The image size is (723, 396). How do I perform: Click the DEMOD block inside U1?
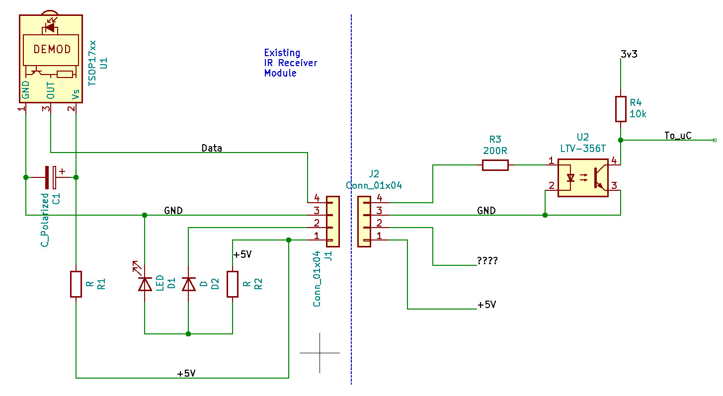(52, 50)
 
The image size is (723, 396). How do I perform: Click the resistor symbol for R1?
(76, 284)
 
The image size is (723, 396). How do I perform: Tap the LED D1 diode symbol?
(145, 284)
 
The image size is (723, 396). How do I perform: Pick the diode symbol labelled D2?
(188, 284)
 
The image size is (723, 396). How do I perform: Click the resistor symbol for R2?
(233, 284)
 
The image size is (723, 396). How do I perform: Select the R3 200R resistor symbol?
(495, 165)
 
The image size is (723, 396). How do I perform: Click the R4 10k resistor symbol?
(621, 109)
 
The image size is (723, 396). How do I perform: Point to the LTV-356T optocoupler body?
(583, 177)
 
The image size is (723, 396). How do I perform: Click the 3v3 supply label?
(629, 54)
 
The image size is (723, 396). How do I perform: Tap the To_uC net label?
(678, 135)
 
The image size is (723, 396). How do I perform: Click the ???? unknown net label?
(487, 260)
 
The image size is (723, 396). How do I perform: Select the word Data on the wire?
(212, 148)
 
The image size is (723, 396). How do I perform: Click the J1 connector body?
(332, 222)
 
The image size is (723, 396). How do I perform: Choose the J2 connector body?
(364, 222)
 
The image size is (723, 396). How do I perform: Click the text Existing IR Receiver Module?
(290, 63)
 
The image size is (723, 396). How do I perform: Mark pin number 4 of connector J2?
(379, 198)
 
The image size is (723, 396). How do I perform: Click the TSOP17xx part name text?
(92, 65)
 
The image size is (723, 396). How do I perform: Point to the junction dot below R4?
(621, 140)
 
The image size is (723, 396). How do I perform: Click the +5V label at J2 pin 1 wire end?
(486, 305)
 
